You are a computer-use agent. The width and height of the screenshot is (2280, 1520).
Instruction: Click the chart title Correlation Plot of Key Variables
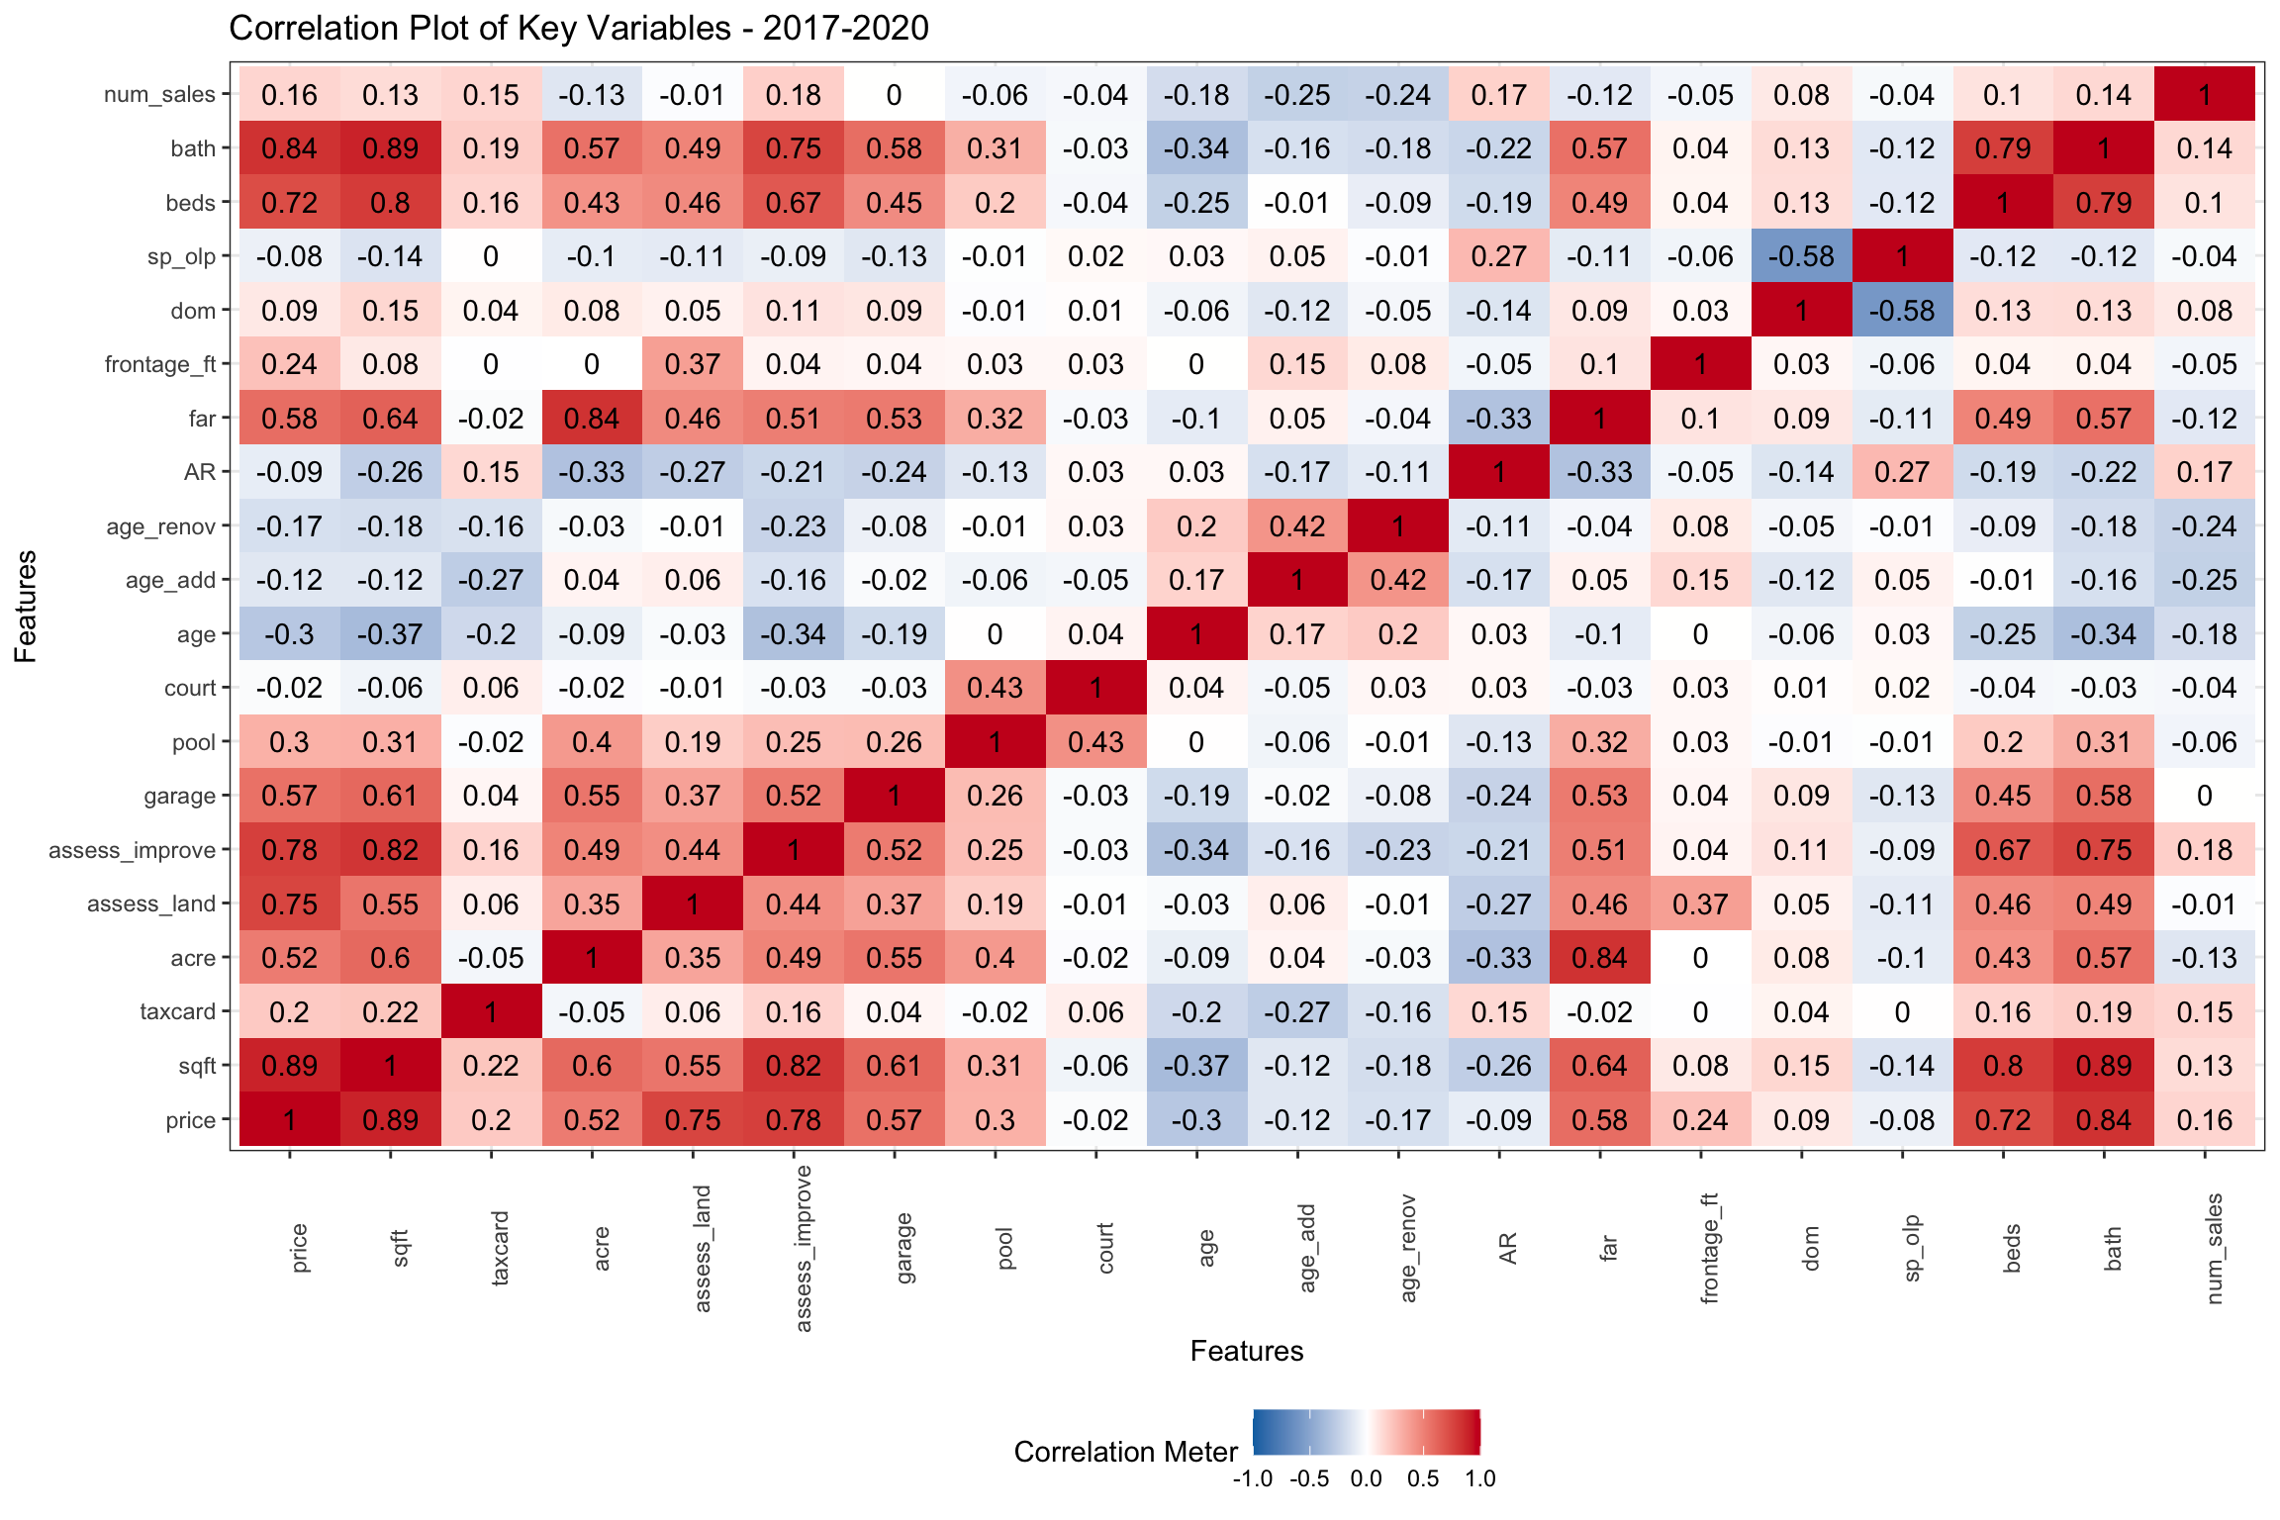(579, 28)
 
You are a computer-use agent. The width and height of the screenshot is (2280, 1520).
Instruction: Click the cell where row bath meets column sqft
(390, 148)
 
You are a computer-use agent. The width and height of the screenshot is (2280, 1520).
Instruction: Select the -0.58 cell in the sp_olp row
(1801, 256)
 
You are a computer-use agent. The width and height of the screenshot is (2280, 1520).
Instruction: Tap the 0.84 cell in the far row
(592, 419)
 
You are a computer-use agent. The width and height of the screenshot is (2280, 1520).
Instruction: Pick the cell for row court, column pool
(995, 688)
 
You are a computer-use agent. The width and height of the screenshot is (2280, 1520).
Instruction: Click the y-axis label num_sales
(159, 95)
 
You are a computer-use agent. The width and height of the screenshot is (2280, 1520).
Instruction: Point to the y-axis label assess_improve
(132, 850)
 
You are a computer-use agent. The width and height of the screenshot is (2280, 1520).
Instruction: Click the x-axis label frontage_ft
(1709, 1249)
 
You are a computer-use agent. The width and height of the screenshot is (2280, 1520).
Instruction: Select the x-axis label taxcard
(500, 1249)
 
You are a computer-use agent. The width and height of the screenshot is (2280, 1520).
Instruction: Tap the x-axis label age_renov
(1407, 1249)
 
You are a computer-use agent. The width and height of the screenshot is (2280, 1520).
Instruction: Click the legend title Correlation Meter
(1125, 1452)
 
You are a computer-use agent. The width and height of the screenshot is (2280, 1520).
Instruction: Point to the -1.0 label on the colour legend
(1252, 1479)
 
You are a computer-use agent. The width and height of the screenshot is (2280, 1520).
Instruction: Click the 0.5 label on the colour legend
(1423, 1479)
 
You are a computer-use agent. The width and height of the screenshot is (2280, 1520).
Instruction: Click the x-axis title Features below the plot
(1246, 1351)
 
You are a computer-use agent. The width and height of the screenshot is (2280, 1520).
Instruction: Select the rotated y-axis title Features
(26, 607)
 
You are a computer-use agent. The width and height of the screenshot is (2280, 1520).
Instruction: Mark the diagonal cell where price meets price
(289, 1120)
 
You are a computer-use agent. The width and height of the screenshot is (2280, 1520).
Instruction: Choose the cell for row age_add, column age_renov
(1397, 580)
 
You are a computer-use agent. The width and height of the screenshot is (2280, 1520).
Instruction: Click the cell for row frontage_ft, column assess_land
(693, 364)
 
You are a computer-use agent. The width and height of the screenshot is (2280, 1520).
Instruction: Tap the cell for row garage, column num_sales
(2204, 796)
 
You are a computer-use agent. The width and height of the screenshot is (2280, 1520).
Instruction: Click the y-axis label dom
(193, 311)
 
